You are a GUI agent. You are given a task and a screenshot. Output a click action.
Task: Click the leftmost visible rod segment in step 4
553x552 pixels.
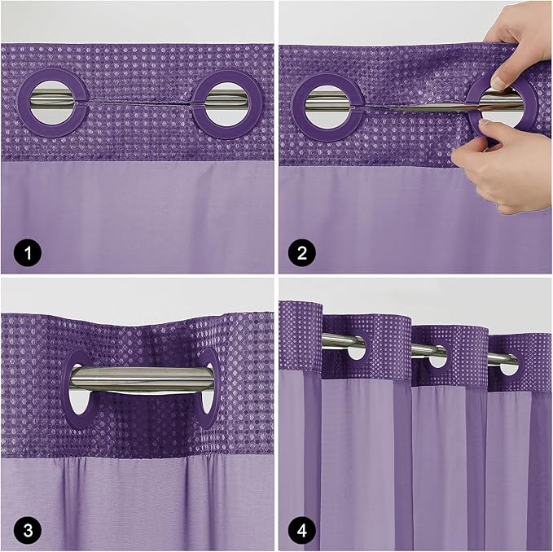click(342, 341)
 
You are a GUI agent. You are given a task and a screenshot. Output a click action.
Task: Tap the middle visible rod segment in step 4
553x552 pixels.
click(428, 351)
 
